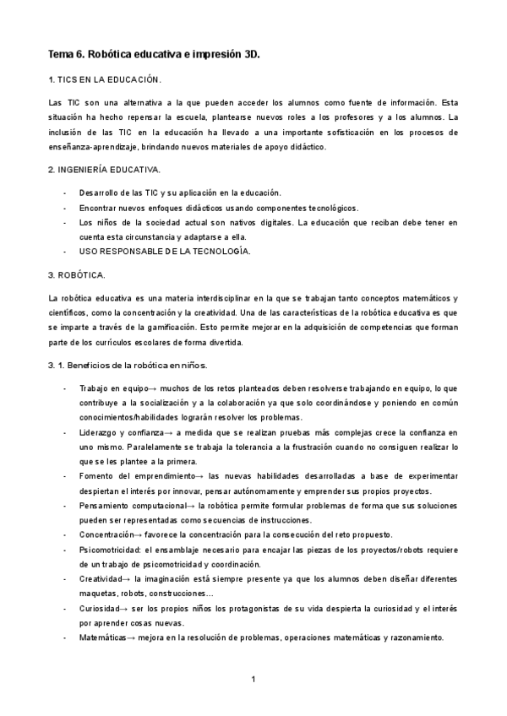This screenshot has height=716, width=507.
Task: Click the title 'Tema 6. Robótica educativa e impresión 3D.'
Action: click(154, 54)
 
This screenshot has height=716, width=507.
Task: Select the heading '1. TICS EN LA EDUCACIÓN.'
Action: click(105, 79)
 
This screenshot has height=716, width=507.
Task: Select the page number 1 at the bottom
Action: click(253, 680)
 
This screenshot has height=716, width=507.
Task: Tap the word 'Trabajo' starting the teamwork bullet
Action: click(96, 388)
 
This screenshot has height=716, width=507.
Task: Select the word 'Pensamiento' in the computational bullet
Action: click(107, 505)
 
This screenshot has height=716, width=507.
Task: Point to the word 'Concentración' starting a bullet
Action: click(109, 534)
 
